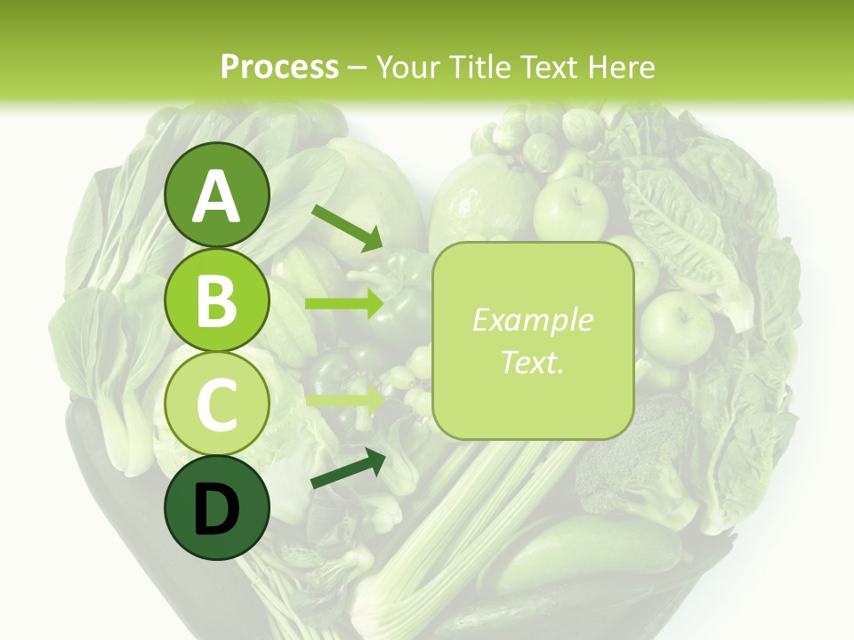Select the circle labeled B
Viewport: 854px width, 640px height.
(217, 300)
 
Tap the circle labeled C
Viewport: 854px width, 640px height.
(217, 404)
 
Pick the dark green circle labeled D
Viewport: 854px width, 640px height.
(217, 508)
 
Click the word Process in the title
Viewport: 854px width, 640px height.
(279, 67)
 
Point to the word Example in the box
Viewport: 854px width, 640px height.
(533, 320)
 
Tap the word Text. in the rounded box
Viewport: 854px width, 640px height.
(533, 362)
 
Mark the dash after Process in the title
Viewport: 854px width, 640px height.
(357, 68)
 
